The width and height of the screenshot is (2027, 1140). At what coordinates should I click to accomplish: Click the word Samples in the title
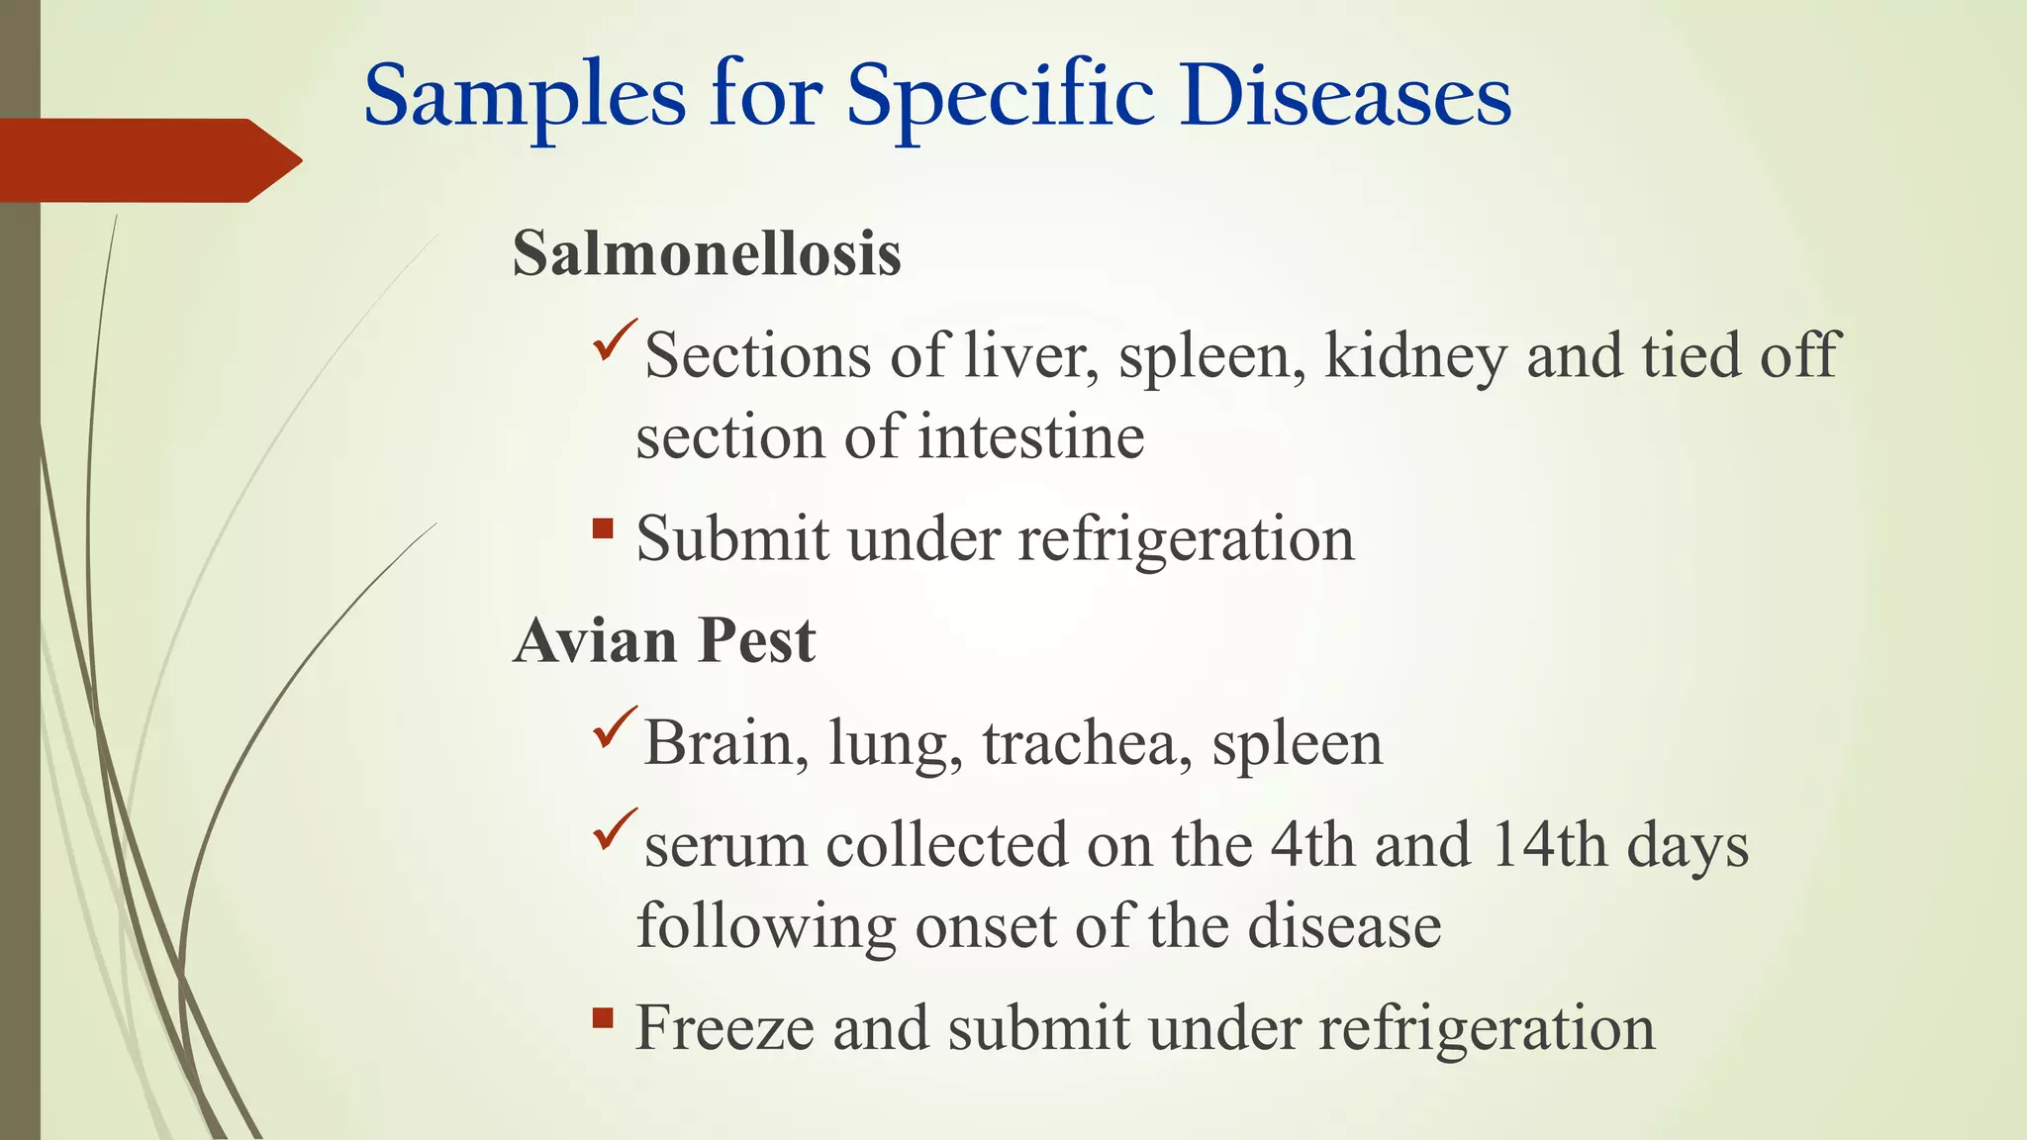525,97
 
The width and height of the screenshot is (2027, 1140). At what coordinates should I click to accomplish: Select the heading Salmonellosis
707,253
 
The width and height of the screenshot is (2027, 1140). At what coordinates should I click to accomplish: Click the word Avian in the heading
595,640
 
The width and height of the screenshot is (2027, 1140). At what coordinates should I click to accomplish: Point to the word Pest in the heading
756,640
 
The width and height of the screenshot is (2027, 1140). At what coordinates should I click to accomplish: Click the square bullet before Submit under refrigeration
603,528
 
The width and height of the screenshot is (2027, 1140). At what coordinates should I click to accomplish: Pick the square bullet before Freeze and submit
603,1017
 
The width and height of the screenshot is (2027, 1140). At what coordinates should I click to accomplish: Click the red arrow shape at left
148,160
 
